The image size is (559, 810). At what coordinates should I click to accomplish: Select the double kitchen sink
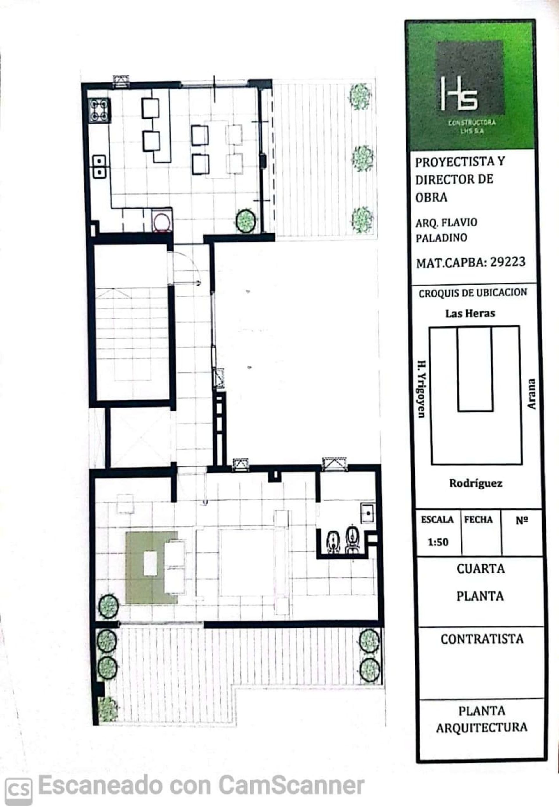pyautogui.click(x=100, y=167)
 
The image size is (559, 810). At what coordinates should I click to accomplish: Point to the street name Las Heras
pyautogui.click(x=470, y=313)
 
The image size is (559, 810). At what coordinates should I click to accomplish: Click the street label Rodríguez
pyautogui.click(x=476, y=483)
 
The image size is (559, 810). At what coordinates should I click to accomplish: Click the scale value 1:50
pyautogui.click(x=438, y=542)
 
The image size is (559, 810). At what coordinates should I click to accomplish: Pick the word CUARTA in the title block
pyautogui.click(x=481, y=568)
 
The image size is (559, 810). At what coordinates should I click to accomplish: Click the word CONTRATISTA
pyautogui.click(x=482, y=639)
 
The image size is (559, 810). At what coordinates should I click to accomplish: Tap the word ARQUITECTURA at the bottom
pyautogui.click(x=482, y=727)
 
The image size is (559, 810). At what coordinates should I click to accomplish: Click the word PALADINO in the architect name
pyautogui.click(x=441, y=238)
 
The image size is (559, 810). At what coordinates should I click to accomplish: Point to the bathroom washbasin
pyautogui.click(x=368, y=513)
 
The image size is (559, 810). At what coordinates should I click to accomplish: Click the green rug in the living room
pyautogui.click(x=152, y=568)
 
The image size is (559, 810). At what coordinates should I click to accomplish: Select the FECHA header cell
pyautogui.click(x=478, y=520)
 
